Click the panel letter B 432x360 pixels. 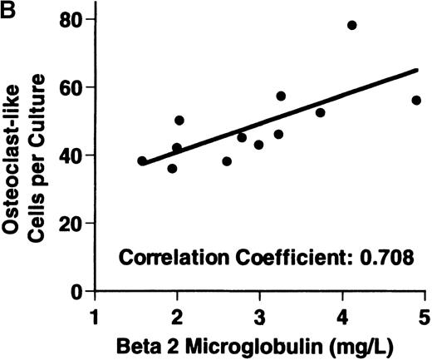pos(8,8)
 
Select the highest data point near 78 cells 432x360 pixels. pos(351,25)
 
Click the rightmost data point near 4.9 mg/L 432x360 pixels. pos(416,100)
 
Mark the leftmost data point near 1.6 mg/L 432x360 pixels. pos(142,160)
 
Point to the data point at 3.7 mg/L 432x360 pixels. pos(320,112)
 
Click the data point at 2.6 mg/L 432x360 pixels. pos(227,161)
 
